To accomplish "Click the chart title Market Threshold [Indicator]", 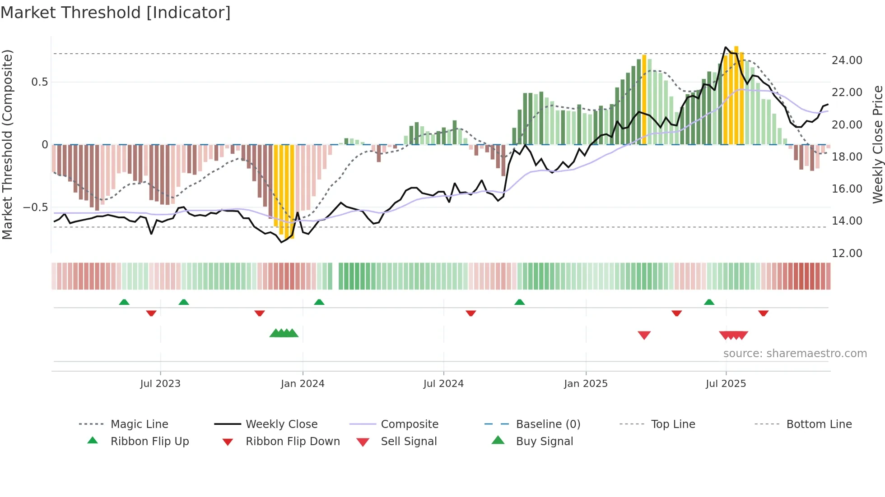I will pos(116,13).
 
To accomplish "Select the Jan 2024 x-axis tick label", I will pos(303,384).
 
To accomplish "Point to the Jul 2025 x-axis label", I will pos(726,384).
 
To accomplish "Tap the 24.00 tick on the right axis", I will pos(847,60).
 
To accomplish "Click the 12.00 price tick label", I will pos(847,253).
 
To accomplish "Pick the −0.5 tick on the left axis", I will pos(35,207).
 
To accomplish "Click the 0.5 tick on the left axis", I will pos(39,82).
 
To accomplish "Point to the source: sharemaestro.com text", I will pos(795,354).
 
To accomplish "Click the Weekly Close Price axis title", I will pos(877,144).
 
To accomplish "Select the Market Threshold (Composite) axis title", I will pos(7,144).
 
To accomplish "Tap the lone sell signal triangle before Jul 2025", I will pos(644,335).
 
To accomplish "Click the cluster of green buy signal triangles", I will pos(284,333).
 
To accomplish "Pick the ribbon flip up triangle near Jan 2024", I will pos(319,302).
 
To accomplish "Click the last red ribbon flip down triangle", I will pos(763,313).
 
